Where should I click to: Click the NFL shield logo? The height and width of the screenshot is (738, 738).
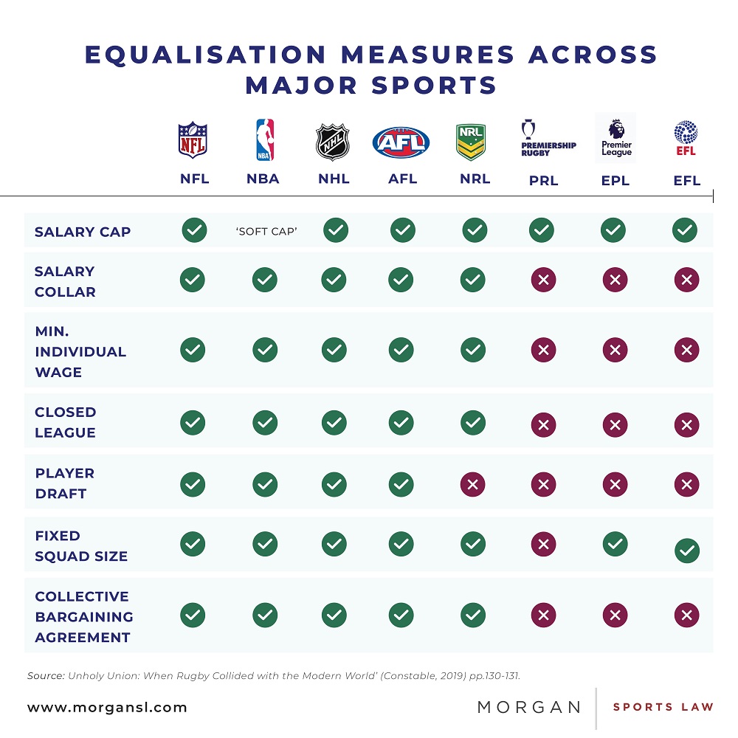(x=193, y=140)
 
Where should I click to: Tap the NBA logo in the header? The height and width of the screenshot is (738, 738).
(x=264, y=140)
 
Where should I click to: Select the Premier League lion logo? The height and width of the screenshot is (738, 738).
(x=615, y=139)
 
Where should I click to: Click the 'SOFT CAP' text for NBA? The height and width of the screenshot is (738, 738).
(x=266, y=232)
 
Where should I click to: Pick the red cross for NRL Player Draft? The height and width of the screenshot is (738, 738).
(x=473, y=483)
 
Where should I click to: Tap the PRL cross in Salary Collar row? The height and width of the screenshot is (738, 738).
(x=542, y=280)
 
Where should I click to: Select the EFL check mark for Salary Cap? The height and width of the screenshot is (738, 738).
(x=685, y=231)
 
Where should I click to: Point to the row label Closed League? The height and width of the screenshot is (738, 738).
(x=65, y=422)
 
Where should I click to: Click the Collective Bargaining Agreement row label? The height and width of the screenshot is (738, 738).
(x=84, y=616)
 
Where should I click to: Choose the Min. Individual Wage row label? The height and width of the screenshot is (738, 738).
(x=80, y=351)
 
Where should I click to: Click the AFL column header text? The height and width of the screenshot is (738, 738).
(x=403, y=179)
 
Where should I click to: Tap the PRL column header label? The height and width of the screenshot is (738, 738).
(x=543, y=181)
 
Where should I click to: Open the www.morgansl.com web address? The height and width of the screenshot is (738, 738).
(x=107, y=707)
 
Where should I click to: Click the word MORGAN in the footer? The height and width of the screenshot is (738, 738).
(x=529, y=707)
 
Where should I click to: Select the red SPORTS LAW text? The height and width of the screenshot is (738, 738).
(x=663, y=707)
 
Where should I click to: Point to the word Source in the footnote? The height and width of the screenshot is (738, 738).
(x=45, y=675)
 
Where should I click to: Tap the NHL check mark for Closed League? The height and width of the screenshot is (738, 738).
(x=334, y=423)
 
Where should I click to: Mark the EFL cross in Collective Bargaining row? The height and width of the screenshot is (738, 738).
(x=686, y=615)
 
